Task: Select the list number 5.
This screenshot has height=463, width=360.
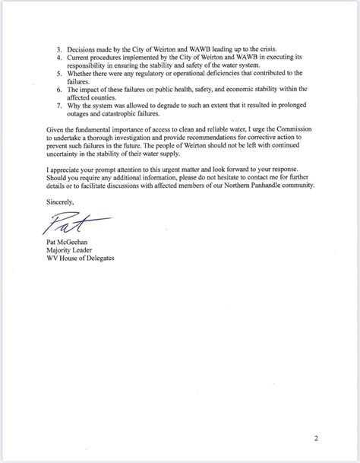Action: [50, 72]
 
